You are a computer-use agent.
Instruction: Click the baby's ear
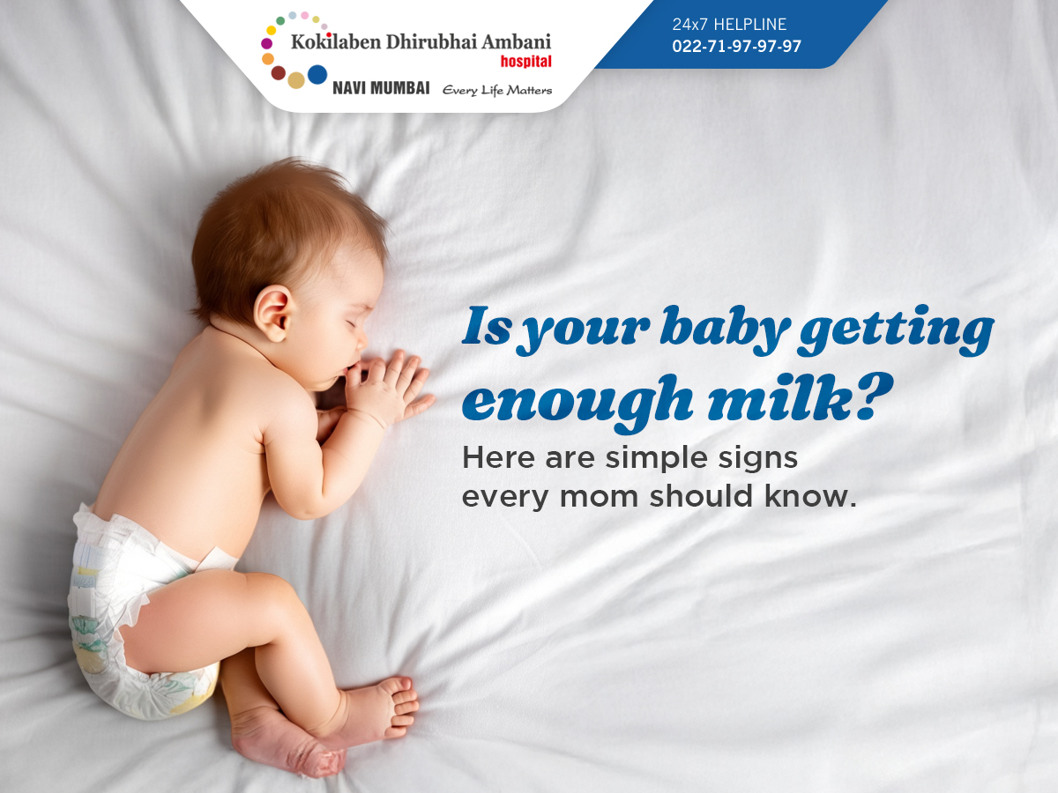(273, 312)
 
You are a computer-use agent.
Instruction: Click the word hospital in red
(525, 62)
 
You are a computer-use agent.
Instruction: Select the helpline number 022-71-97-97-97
(736, 46)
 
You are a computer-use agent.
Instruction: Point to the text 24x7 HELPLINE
(729, 24)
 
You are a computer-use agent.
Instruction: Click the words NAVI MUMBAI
(381, 88)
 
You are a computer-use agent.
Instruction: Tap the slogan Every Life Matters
(497, 90)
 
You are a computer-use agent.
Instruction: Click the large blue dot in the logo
(317, 75)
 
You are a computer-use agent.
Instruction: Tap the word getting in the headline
(896, 330)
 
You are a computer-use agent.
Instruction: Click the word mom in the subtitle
(599, 497)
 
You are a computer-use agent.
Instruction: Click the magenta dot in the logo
(266, 44)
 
